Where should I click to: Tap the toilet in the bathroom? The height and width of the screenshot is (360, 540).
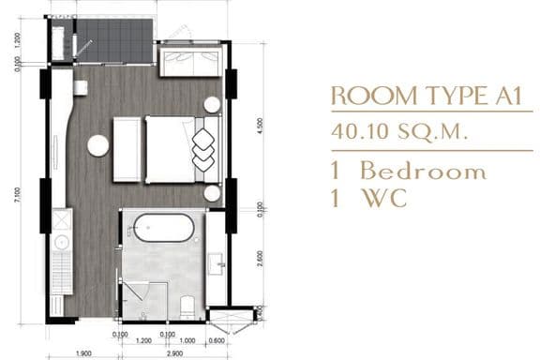187,304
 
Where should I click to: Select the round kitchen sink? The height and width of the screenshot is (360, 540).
62,242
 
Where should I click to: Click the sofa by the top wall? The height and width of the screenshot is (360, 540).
191,62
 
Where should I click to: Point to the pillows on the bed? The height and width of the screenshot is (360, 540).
203,145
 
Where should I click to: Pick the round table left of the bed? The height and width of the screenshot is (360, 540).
97,145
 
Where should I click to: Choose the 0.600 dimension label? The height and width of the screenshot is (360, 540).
217,341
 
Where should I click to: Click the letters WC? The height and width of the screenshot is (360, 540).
386,199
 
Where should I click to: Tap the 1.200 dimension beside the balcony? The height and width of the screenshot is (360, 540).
16,41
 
